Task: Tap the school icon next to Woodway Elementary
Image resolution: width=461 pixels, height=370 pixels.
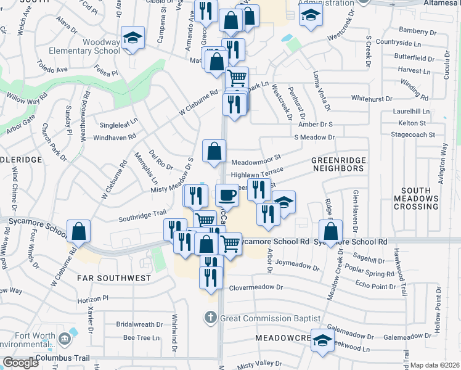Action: [x=133, y=38]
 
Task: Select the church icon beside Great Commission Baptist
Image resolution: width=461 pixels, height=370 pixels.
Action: [x=210, y=318]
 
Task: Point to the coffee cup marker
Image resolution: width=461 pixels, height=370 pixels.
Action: [x=227, y=195]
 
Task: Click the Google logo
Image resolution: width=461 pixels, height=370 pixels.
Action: [x=20, y=363]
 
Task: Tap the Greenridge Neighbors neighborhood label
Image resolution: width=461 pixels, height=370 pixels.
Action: [x=338, y=164]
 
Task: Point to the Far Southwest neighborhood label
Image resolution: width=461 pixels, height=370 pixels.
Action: [x=114, y=278]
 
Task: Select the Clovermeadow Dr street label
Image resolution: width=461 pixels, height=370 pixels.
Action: [x=256, y=287]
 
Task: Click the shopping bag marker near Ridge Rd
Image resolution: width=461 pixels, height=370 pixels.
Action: [x=331, y=232]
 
